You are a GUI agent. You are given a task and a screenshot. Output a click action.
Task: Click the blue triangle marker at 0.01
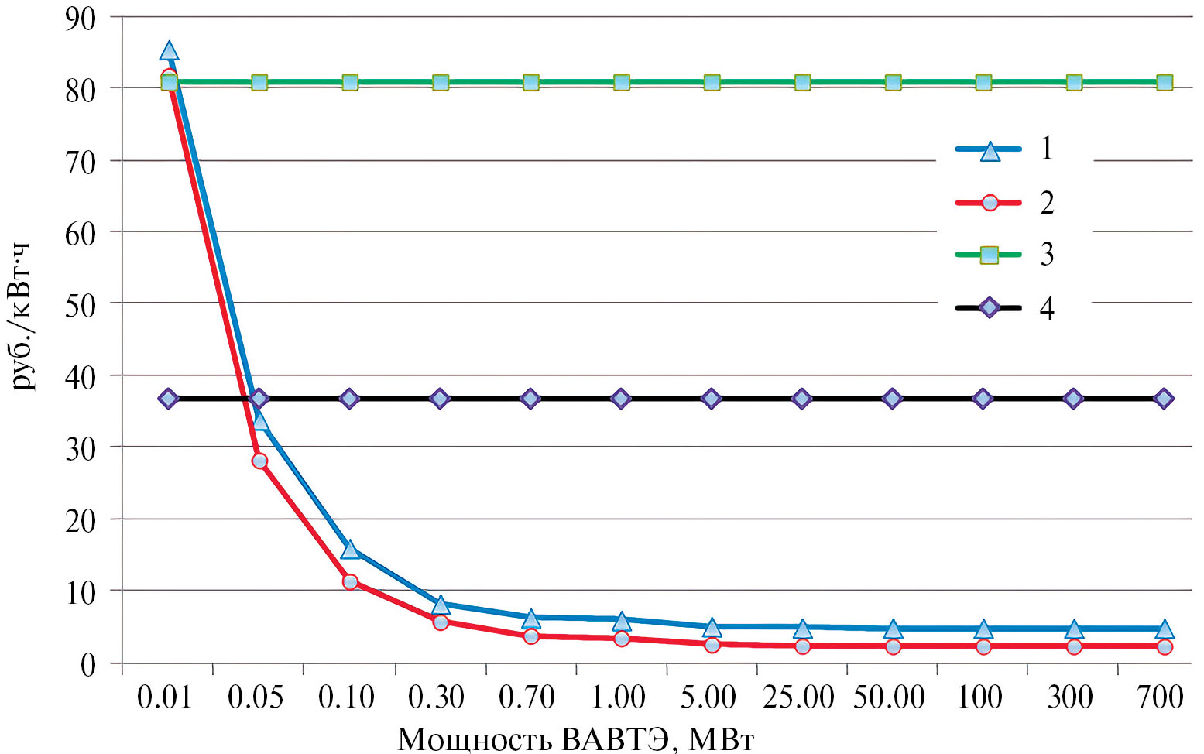(169, 51)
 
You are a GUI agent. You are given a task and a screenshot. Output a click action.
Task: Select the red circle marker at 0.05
(259, 461)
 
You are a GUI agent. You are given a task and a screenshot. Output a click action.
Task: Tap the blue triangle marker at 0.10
(350, 550)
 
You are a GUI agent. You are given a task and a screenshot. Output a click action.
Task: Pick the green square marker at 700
(1165, 83)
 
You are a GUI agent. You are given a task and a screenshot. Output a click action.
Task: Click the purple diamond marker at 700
(1164, 399)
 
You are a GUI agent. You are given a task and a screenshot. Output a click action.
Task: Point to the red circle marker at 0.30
(441, 622)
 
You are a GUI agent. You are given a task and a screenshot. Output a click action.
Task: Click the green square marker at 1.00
(622, 83)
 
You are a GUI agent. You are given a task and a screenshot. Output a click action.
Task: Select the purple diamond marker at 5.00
(712, 399)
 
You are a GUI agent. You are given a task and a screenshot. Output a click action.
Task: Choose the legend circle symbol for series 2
(990, 204)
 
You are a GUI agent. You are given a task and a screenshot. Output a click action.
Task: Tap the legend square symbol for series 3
(990, 255)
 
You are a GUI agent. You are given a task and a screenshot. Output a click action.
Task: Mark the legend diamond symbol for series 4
(990, 307)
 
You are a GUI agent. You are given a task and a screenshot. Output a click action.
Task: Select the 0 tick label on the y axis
(87, 664)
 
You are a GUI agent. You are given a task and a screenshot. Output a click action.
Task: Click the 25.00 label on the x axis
(799, 698)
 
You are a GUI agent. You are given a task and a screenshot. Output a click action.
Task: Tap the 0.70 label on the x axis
(527, 698)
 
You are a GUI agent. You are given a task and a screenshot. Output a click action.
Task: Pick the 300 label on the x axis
(1071, 698)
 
